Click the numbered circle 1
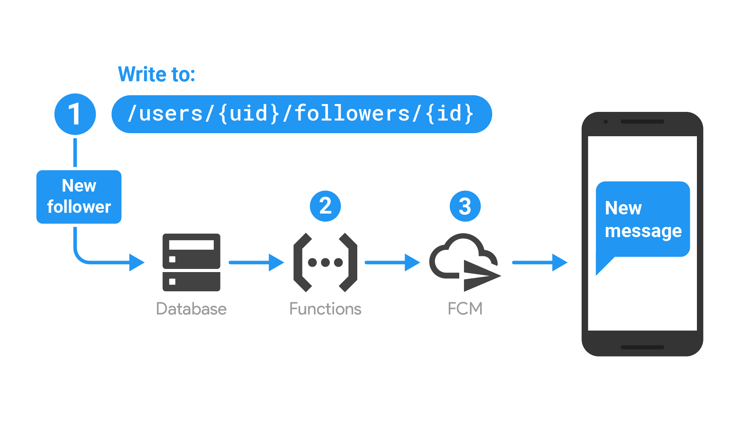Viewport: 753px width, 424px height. point(75,114)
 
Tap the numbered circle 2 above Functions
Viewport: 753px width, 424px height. point(325,206)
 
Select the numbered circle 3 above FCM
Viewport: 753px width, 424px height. point(465,206)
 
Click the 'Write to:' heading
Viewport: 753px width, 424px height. point(156,74)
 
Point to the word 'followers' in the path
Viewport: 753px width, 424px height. point(352,114)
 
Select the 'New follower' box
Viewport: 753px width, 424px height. point(79,197)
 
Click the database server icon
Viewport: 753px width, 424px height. point(191,262)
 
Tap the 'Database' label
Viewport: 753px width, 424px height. point(191,309)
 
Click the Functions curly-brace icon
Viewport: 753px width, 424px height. point(325,262)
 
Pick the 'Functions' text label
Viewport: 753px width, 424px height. point(325,309)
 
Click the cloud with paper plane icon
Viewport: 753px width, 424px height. point(465,262)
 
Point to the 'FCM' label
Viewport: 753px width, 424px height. point(465,309)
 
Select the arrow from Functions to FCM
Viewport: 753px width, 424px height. point(392,262)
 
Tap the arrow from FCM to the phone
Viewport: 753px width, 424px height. point(540,262)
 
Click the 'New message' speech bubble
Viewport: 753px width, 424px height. point(643,220)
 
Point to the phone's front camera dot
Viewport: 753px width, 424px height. point(606,122)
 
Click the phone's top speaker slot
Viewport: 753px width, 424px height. point(642,122)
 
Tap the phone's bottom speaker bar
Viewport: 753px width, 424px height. point(642,347)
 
